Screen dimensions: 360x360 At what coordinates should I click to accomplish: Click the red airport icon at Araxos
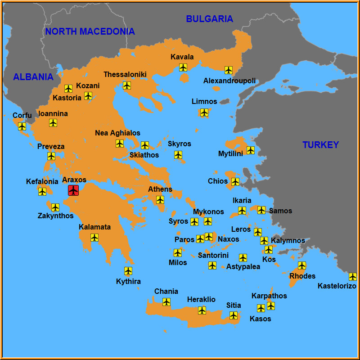click(x=73, y=190)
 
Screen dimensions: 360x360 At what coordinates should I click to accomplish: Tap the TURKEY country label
click(x=320, y=145)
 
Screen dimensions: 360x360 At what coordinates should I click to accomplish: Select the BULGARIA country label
click(x=209, y=19)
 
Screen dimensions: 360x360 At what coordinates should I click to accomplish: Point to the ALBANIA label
click(x=33, y=77)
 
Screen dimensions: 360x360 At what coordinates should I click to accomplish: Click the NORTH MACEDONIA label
click(x=90, y=31)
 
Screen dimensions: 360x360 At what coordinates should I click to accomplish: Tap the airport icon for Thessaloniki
click(x=127, y=85)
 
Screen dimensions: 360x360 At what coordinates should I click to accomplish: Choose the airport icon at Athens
click(x=160, y=200)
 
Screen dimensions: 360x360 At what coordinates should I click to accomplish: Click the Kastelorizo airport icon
click(x=353, y=277)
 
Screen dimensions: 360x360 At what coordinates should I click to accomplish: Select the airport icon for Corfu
click(x=22, y=126)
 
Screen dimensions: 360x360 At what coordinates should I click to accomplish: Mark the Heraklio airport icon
click(x=202, y=310)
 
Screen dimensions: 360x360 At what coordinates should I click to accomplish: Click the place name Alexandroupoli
click(x=229, y=81)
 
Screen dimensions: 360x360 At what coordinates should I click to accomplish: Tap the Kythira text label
click(x=128, y=282)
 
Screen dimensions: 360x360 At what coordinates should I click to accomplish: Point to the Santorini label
click(x=213, y=255)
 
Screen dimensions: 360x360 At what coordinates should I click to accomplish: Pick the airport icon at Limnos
click(x=204, y=112)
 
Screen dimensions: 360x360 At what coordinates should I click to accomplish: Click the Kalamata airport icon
click(x=94, y=238)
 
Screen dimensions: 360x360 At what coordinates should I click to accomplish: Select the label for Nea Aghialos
click(x=117, y=133)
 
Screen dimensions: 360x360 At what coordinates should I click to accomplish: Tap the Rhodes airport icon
click(x=302, y=265)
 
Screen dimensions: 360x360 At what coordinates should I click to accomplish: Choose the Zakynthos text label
click(x=55, y=216)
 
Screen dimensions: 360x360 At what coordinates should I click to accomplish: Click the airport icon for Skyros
click(x=178, y=155)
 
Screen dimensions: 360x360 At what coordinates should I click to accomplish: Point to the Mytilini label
click(x=230, y=154)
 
